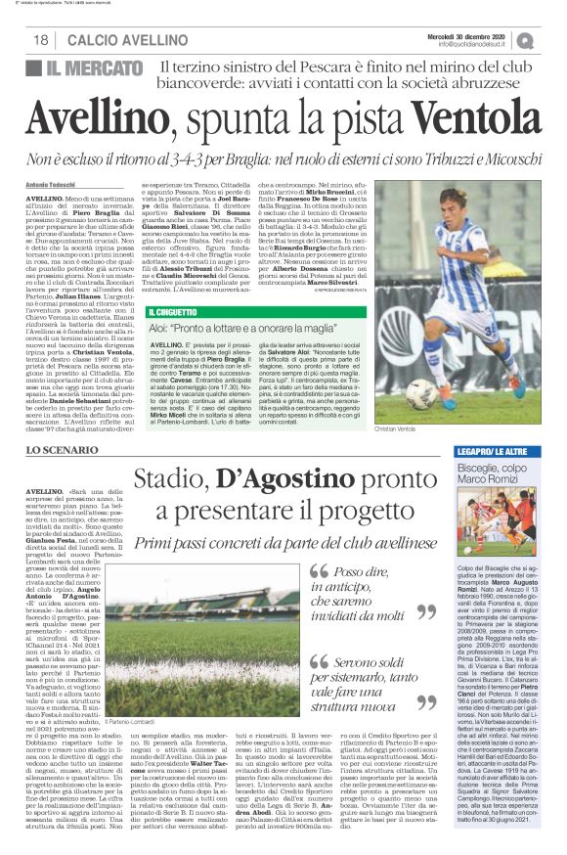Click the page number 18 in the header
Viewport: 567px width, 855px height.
(40, 40)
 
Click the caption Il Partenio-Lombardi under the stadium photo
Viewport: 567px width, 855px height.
(128, 665)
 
